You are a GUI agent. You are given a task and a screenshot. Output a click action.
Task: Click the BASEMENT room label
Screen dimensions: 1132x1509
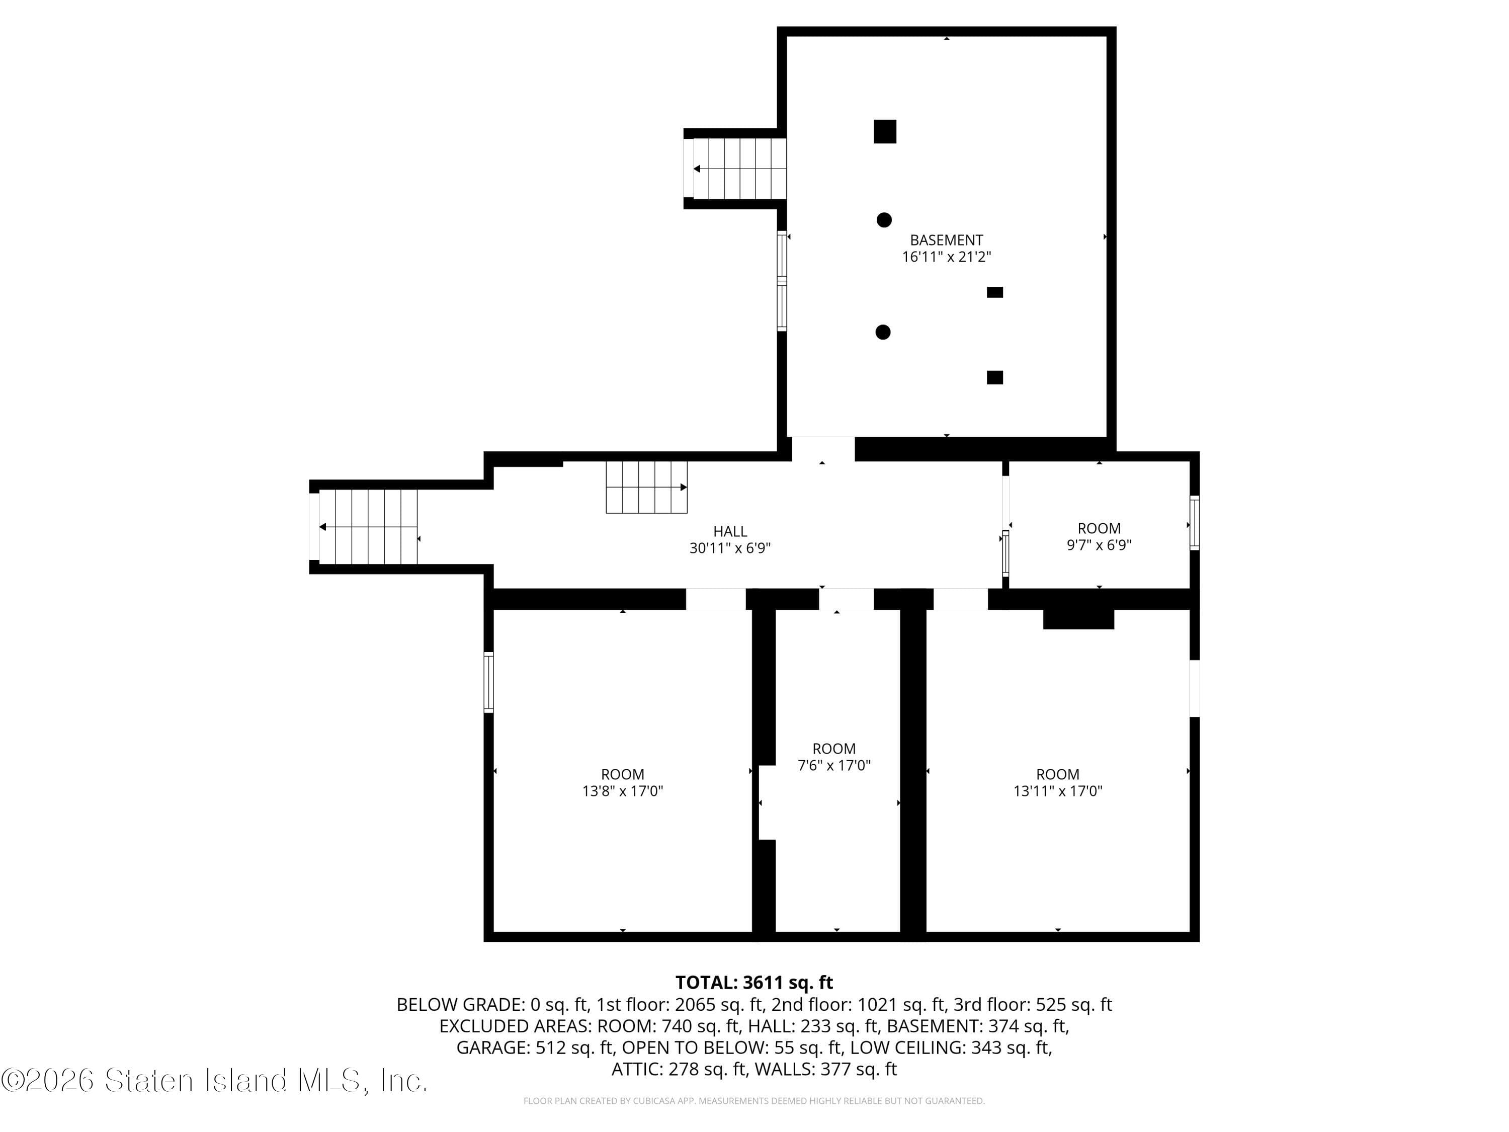(946, 240)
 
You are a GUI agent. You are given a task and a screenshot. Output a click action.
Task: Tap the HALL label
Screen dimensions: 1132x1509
(730, 531)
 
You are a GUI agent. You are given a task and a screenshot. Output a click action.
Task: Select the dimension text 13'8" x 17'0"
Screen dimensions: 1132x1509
(622, 791)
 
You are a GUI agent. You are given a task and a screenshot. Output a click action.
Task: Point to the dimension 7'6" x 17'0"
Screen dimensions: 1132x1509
(833, 765)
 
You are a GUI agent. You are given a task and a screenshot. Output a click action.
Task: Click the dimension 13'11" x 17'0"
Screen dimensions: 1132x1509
(1057, 791)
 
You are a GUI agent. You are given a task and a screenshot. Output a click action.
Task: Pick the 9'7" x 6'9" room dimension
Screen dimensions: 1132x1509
(1099, 544)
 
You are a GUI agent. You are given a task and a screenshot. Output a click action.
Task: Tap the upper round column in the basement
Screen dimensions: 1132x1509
(884, 220)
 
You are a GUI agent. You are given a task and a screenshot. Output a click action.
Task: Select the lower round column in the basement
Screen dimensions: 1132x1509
(883, 332)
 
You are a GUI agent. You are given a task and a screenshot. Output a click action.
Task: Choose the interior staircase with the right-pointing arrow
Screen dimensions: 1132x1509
(646, 487)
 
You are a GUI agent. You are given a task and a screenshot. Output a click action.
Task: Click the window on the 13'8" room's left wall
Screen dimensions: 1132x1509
(488, 682)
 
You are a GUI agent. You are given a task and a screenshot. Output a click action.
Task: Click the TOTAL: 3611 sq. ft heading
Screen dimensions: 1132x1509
(754, 983)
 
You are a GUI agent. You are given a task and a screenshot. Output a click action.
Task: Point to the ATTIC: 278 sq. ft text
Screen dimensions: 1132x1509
(678, 1069)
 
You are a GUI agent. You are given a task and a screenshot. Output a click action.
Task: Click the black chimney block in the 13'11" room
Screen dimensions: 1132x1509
(1078, 619)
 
